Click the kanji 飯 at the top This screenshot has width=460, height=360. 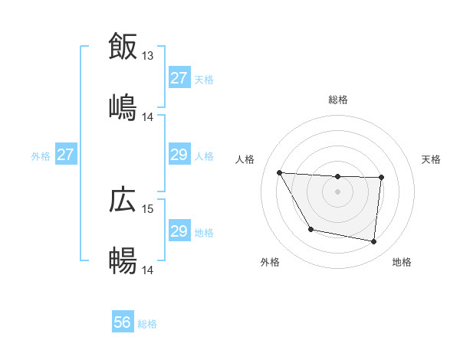coord(123,46)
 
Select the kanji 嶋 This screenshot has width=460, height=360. coord(123,106)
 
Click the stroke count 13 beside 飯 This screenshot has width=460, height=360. coord(148,56)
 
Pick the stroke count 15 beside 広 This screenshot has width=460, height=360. coord(148,209)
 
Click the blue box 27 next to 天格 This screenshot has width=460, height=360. coord(179,78)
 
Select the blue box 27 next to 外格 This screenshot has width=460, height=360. coord(66,155)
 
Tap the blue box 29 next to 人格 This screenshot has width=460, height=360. coord(179,155)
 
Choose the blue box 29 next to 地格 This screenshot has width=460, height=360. coord(179,231)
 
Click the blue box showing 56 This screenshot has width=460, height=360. coord(123,323)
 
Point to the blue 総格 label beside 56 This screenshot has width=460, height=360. coord(147,324)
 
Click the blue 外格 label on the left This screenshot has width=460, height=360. coord(41,155)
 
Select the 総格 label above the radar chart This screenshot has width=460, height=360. coord(338,100)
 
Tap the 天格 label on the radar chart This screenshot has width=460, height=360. coord(431,159)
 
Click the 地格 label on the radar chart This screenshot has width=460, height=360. coord(402,262)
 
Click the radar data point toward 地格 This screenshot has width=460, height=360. coord(373,242)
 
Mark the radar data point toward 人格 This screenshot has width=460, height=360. coord(280,172)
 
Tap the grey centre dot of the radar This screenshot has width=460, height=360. coord(337,191)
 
